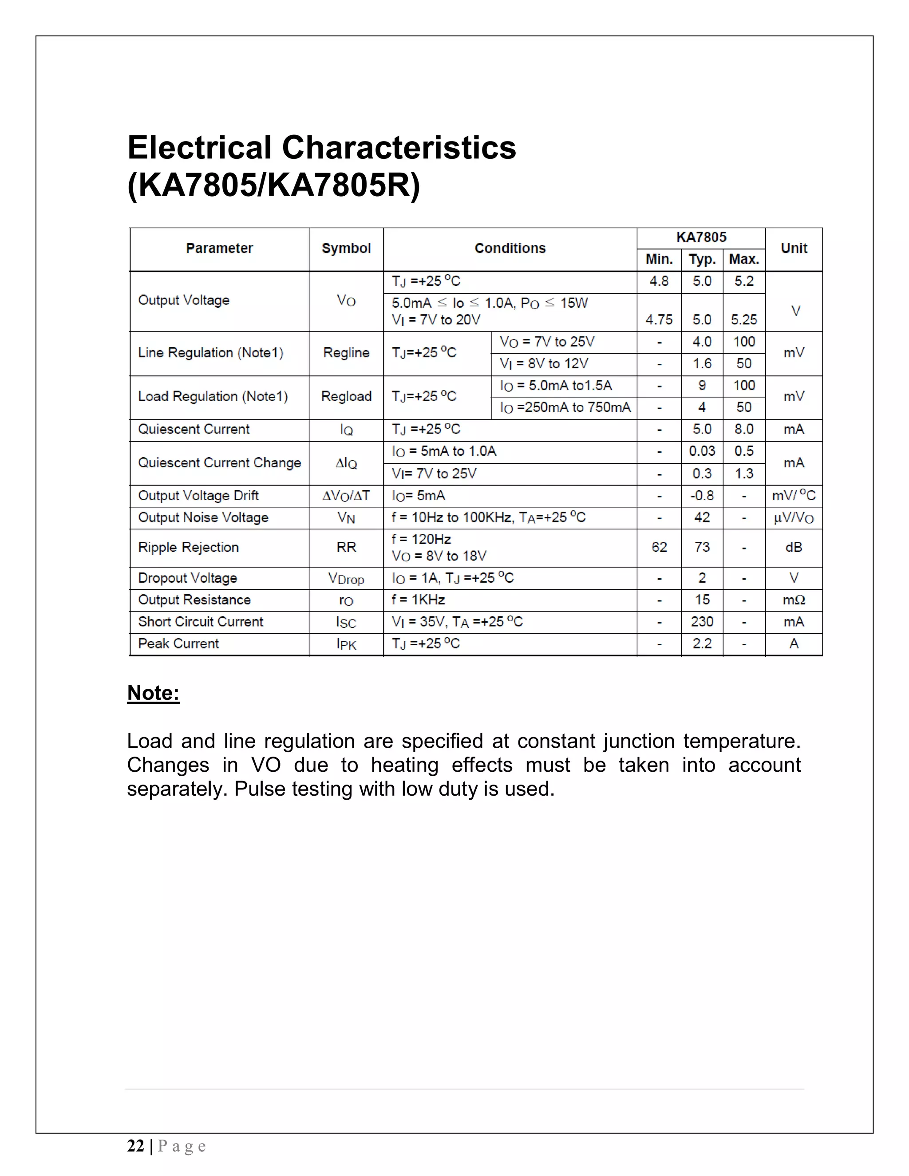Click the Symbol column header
click(346, 248)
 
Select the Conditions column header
click(510, 248)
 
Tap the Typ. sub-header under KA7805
click(702, 260)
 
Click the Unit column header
click(794, 248)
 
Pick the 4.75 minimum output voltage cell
click(659, 320)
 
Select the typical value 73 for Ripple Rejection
click(702, 548)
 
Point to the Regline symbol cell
click(346, 353)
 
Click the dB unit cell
click(794, 548)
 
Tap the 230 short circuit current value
click(702, 622)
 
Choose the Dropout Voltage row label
click(187, 578)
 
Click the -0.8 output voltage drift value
click(702, 495)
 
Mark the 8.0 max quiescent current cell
click(744, 430)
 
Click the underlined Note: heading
click(154, 693)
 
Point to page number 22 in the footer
click(136, 1146)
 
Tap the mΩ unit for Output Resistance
click(794, 600)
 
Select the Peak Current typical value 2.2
click(702, 644)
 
